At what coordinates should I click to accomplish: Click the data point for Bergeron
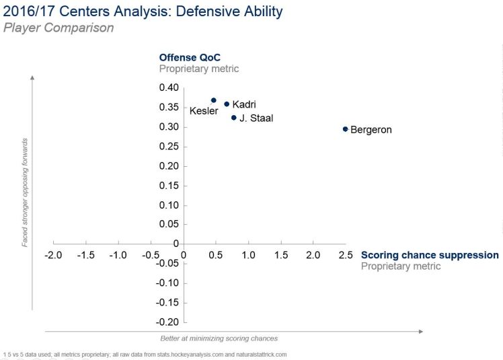click(345, 129)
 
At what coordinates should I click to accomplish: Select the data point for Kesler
click(214, 100)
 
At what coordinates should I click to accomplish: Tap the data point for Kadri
click(227, 104)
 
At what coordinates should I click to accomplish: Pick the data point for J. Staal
click(234, 118)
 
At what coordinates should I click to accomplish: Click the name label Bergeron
click(371, 130)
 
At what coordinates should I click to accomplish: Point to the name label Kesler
click(203, 111)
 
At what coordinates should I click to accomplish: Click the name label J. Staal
click(256, 118)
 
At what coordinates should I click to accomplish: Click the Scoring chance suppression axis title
click(430, 255)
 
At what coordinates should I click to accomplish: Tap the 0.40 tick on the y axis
click(168, 87)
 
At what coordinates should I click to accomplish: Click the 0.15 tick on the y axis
click(168, 185)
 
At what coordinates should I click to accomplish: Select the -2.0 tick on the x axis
click(53, 256)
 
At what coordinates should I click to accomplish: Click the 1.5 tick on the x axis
click(280, 256)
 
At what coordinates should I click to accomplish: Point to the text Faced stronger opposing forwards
click(25, 192)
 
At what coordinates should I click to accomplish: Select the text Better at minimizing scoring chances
click(219, 338)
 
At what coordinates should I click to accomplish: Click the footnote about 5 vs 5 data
click(145, 354)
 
